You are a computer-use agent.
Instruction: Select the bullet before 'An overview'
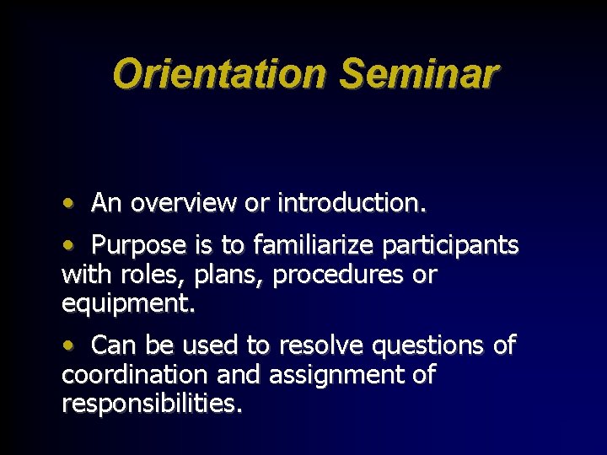click(x=67, y=204)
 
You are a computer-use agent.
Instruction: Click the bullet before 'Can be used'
click(x=67, y=345)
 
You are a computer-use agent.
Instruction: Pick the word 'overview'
click(x=184, y=203)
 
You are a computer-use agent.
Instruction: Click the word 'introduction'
click(x=352, y=203)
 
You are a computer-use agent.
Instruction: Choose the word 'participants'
click(x=450, y=245)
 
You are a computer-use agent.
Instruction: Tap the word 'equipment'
click(x=127, y=303)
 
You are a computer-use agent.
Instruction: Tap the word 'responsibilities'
click(x=152, y=404)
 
